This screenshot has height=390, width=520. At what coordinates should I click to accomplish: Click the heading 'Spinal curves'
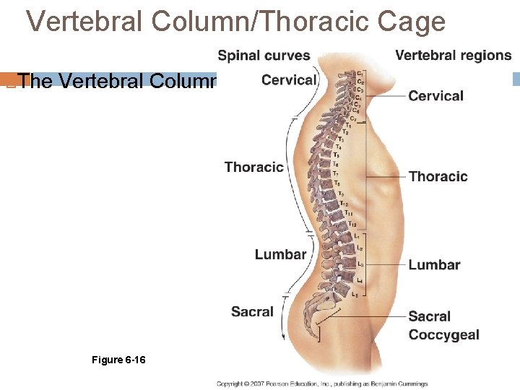tap(264, 56)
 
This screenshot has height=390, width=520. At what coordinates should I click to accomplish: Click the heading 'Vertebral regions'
tap(453, 56)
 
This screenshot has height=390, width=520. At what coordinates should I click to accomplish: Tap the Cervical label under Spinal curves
tap(289, 80)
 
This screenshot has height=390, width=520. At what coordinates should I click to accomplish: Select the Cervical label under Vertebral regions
tap(435, 96)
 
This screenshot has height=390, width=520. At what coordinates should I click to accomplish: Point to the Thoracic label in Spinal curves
tap(253, 168)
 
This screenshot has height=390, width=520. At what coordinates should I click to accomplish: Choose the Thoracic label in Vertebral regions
tap(438, 177)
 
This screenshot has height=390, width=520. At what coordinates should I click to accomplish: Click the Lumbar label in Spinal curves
tap(280, 254)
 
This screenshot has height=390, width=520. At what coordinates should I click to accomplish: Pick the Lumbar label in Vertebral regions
tap(434, 265)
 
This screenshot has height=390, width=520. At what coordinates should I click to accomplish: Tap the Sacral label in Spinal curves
tap(252, 312)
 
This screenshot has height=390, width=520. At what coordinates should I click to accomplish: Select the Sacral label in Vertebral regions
tap(429, 316)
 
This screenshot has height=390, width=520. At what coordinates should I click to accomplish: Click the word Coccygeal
tap(443, 335)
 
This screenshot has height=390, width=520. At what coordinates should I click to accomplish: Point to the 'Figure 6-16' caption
tap(118, 360)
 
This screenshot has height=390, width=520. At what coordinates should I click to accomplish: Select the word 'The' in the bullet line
tap(37, 82)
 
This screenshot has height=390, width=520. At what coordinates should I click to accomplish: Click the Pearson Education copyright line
tap(322, 383)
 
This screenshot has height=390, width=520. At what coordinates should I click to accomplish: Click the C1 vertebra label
tap(360, 72)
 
